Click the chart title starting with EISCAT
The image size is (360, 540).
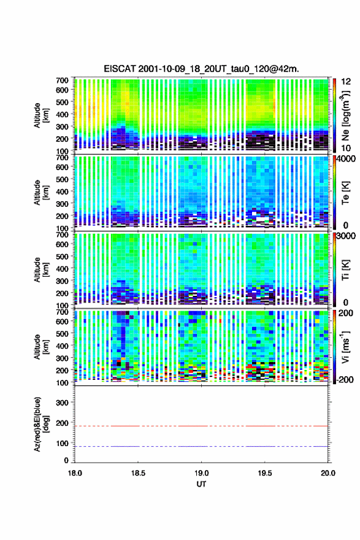click(201, 69)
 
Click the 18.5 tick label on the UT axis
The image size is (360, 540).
click(138, 473)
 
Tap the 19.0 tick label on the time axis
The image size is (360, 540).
click(201, 473)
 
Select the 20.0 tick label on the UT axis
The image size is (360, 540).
click(328, 473)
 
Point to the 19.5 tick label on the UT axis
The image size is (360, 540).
click(265, 473)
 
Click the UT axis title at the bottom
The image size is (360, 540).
click(201, 484)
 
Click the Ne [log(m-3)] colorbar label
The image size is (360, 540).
click(345, 116)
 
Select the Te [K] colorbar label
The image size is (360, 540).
click(345, 193)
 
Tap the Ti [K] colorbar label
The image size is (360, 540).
click(345, 271)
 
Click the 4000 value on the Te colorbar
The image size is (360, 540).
click(346, 159)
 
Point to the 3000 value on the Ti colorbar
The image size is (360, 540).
click(346, 236)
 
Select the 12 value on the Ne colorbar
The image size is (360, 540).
click(346, 82)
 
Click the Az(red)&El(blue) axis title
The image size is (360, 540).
click(41, 424)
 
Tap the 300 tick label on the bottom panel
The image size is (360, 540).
click(62, 403)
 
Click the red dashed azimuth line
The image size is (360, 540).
click(201, 426)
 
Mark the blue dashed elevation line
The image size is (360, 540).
click(201, 446)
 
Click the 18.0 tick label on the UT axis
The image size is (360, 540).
click(75, 473)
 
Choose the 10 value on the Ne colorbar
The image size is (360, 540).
click(346, 148)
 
